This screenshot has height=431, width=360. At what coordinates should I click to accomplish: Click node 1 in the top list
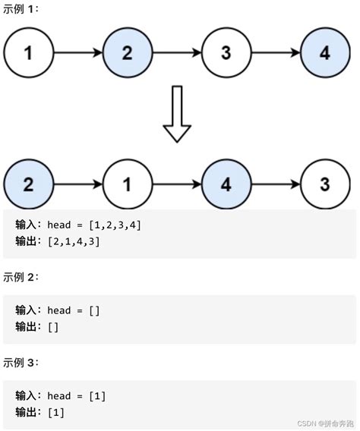click(x=29, y=53)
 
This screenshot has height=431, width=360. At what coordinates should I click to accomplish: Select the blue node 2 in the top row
click(x=127, y=53)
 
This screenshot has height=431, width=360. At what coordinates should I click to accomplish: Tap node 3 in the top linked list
click(x=226, y=53)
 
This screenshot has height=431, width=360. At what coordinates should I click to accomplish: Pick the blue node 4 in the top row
click(x=325, y=53)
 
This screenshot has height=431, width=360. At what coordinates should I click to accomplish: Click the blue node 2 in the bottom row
click(x=29, y=184)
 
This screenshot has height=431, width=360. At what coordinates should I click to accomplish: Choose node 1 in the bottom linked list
click(x=127, y=184)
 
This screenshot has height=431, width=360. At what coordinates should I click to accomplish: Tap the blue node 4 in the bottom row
click(x=226, y=184)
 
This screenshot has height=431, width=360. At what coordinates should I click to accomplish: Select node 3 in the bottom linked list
click(x=325, y=184)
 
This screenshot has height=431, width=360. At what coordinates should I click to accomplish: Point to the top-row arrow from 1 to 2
click(x=77, y=53)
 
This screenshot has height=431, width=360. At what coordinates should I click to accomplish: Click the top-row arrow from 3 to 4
click(x=275, y=53)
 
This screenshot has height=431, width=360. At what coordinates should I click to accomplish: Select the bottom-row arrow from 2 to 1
click(x=77, y=184)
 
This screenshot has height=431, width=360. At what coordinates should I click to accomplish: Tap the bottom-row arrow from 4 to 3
click(x=275, y=184)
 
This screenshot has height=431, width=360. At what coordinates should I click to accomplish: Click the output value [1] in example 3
click(x=56, y=412)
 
